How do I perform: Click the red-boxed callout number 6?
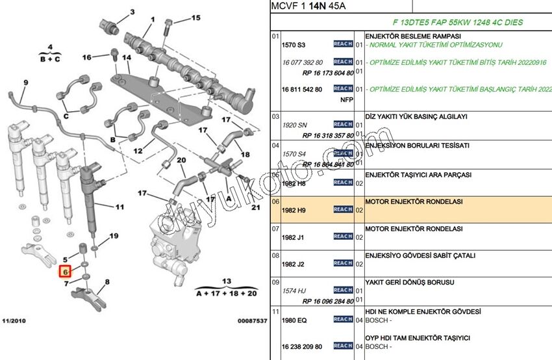(x=66, y=272)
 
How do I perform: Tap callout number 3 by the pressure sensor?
(x=132, y=12)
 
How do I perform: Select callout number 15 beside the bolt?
(x=195, y=18)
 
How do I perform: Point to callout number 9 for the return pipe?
(x=26, y=83)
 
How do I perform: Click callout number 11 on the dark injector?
(x=119, y=207)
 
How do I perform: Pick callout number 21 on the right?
(x=255, y=207)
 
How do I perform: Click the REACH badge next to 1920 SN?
(x=343, y=124)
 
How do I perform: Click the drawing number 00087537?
(x=251, y=321)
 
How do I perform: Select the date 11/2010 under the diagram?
(x=15, y=321)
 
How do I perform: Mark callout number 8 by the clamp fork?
(x=107, y=281)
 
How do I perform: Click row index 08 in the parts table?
(x=275, y=256)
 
